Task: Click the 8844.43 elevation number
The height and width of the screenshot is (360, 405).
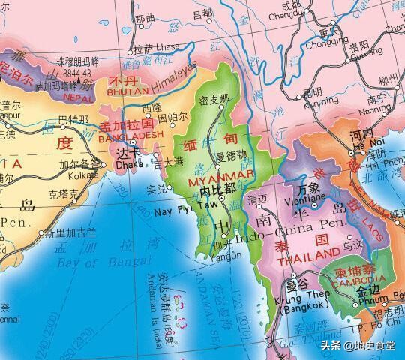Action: coord(77,73)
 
